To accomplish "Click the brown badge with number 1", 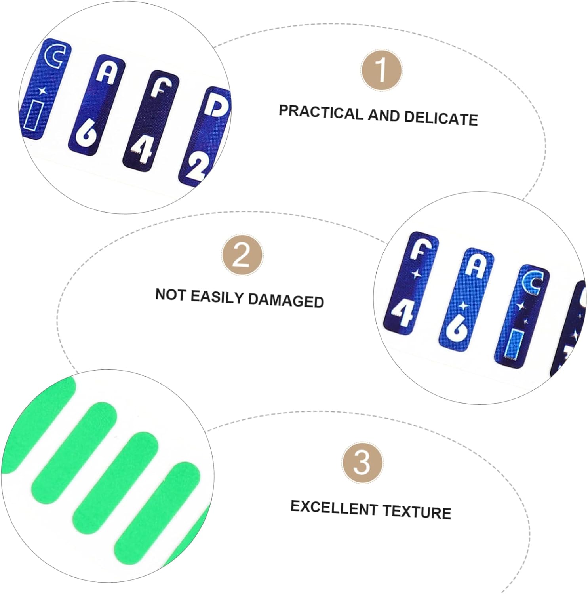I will tap(381, 70).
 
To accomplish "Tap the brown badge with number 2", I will tap(242, 255).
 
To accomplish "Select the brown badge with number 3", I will tap(362, 462).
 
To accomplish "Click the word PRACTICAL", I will tap(321, 112).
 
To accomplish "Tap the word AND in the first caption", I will tap(383, 116).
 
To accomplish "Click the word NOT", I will tap(171, 295).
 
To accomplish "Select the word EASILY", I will tap(217, 297).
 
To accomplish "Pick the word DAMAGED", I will tap(286, 301).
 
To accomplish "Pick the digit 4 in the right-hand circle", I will tap(403, 312).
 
